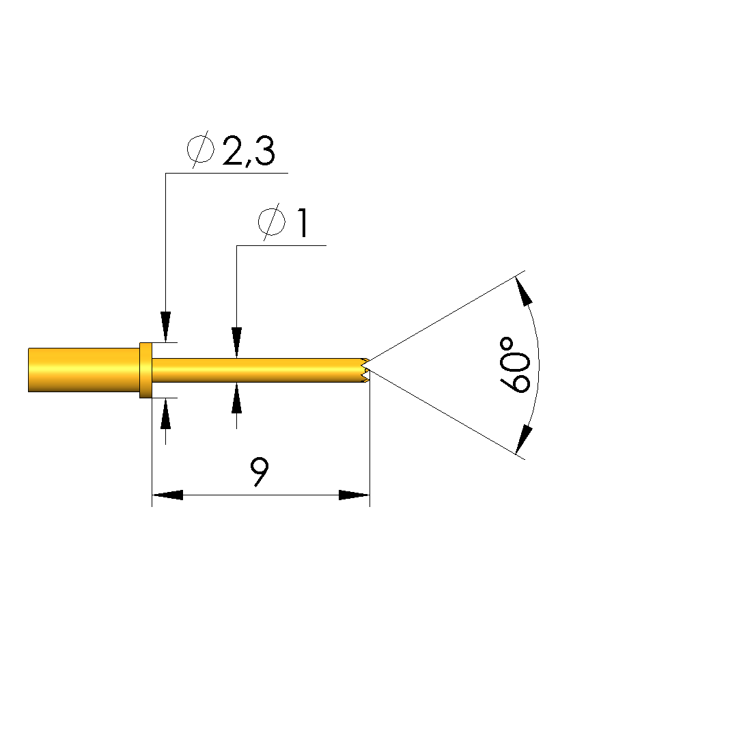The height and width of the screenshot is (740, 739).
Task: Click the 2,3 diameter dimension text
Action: click(249, 151)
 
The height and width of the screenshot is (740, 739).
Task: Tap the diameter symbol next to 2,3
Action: click(200, 150)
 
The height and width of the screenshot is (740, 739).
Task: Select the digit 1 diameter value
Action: click(303, 223)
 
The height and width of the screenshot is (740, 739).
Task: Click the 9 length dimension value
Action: click(260, 471)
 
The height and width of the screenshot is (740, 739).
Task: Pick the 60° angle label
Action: click(515, 365)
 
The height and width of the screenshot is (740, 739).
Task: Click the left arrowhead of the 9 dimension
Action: click(167, 495)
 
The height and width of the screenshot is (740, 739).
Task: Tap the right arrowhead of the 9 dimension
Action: click(354, 495)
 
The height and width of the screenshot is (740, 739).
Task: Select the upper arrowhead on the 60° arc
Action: click(523, 292)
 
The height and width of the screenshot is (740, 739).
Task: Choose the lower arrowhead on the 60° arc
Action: click(523, 439)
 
